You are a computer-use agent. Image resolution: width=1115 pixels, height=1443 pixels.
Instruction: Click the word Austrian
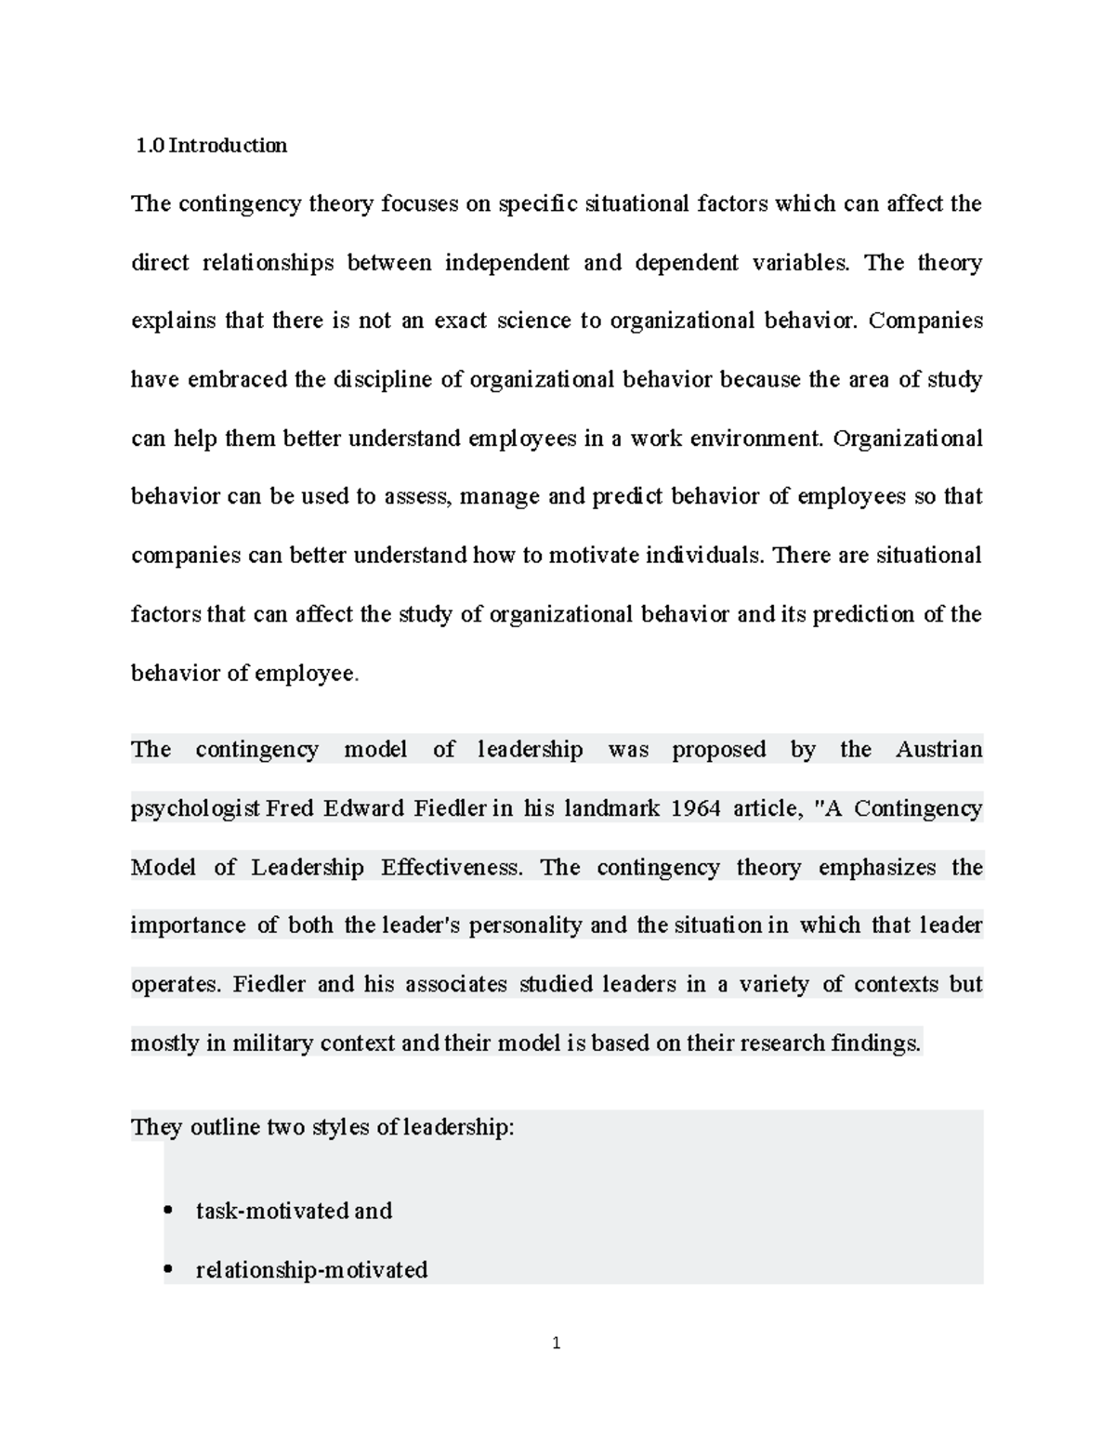[x=938, y=750]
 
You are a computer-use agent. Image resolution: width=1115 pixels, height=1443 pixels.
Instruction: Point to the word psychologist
[x=195, y=809]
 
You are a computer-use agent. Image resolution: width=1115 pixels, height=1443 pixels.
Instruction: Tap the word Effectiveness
[x=452, y=867]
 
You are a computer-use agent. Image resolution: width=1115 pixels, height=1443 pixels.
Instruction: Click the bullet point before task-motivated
[x=167, y=1211]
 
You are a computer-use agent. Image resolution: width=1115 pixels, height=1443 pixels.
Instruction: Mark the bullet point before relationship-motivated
[x=167, y=1269]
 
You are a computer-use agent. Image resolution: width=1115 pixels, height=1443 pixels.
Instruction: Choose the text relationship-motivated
[x=311, y=1269]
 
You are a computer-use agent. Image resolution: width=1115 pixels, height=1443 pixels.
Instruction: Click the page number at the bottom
[x=557, y=1343]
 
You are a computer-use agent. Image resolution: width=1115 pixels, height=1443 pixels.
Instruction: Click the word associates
[x=455, y=985]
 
